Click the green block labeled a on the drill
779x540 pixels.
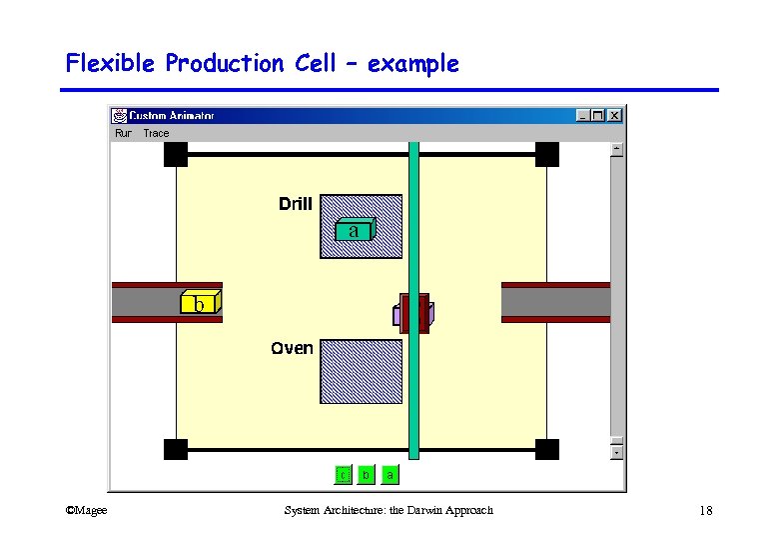tap(354, 230)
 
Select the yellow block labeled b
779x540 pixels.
tap(200, 303)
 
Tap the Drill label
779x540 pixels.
tap(296, 204)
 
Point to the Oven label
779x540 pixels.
tap(292, 348)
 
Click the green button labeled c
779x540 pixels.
tap(343, 475)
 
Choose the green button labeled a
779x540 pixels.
tap(389, 475)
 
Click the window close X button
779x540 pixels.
tap(614, 115)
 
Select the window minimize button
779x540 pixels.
tap(583, 115)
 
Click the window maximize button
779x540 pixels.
tap(598, 115)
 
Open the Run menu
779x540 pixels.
tap(123, 133)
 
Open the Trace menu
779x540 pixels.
tap(156, 133)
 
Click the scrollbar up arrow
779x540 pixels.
tap(616, 149)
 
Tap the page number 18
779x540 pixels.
tap(706, 511)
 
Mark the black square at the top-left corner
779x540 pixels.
tap(176, 155)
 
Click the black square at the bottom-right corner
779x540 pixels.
tap(547, 449)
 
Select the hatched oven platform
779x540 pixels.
tap(362, 371)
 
